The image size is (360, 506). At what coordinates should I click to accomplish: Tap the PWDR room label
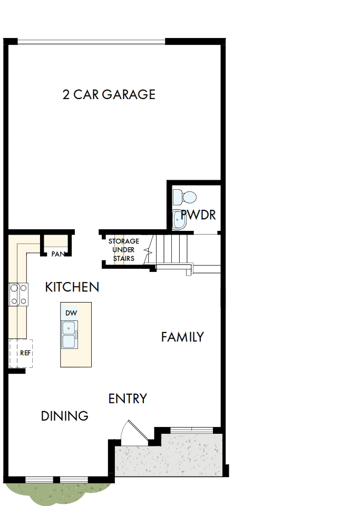[198, 215]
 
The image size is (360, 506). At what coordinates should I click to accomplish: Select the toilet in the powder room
[185, 198]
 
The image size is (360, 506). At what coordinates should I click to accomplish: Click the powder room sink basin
[180, 220]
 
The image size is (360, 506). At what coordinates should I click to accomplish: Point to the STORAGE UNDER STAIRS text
[124, 250]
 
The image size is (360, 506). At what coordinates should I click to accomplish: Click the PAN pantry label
[57, 254]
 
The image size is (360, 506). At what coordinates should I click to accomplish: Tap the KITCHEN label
[72, 287]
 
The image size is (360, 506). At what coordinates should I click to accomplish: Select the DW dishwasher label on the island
[71, 313]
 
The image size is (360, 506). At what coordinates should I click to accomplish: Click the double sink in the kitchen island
[69, 335]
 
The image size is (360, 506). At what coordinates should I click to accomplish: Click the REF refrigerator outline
[21, 353]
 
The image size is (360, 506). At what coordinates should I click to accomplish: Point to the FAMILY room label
[182, 337]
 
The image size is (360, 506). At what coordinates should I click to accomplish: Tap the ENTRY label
[128, 399]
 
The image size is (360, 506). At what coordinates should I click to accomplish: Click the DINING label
[65, 416]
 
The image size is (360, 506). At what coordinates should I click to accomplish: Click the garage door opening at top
[91, 42]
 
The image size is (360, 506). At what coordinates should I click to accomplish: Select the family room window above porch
[192, 430]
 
